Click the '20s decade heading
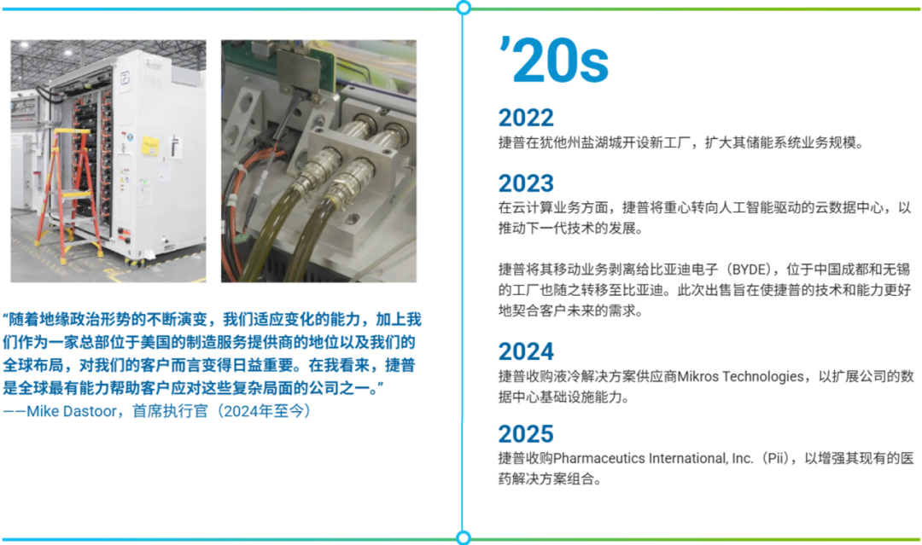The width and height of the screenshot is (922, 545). [x=552, y=60]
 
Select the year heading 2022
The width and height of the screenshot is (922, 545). [x=526, y=118]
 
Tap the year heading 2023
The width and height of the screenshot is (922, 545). [x=526, y=183]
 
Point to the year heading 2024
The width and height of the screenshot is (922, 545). [x=526, y=351]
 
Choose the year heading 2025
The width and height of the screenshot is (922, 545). [x=526, y=433]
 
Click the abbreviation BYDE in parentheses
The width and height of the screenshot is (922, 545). [x=747, y=270]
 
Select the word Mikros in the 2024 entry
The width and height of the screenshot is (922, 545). [x=697, y=376]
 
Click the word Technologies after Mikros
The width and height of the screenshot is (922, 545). [x=762, y=377]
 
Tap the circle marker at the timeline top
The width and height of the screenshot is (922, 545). [x=464, y=8]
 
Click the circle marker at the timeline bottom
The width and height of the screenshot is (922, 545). [x=464, y=538]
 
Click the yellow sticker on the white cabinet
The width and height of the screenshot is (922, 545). [x=150, y=146]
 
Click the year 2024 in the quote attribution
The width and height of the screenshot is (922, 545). [x=239, y=411]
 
